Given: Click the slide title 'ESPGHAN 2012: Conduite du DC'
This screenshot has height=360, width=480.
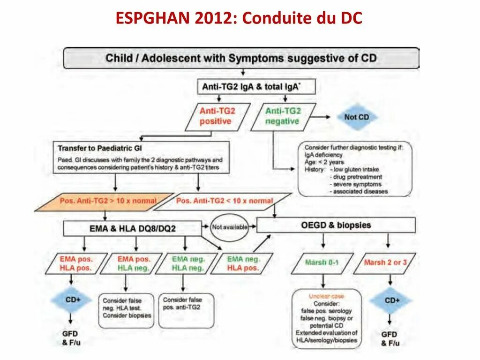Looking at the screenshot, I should (x=239, y=19).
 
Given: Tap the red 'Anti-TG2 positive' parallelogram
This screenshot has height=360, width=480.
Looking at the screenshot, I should (x=217, y=116).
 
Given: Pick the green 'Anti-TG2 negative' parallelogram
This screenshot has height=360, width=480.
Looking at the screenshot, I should (x=283, y=116).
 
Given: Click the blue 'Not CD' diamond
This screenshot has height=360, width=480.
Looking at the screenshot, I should (x=357, y=117).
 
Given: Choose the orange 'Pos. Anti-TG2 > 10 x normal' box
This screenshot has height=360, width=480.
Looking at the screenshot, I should (x=107, y=201).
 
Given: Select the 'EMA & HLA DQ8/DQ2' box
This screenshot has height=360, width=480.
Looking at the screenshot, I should (x=132, y=228).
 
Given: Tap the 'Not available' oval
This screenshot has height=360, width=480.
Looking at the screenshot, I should (x=229, y=227).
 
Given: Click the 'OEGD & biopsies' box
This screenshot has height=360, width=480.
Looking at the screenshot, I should (x=336, y=225).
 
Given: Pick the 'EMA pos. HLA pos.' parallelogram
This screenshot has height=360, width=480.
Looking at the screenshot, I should (x=76, y=264).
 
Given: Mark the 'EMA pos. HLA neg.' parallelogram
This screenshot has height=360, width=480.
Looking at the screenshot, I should (x=134, y=264).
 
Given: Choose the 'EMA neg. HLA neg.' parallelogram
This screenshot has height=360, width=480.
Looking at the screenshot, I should (x=187, y=264).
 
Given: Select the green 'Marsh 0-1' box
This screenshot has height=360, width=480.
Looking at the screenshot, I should (x=321, y=263).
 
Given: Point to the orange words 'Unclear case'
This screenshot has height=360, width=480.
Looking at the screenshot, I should (x=326, y=296).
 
